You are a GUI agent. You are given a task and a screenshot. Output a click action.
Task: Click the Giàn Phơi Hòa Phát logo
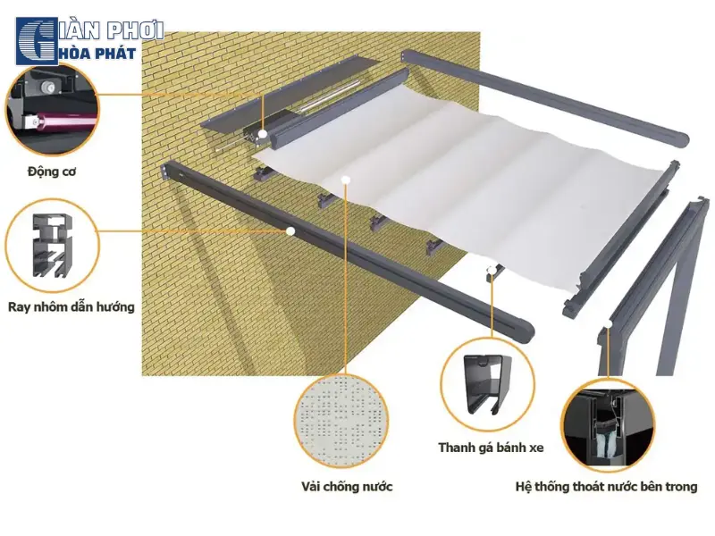click(89, 41)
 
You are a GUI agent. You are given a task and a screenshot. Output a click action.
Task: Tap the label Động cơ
click(52, 172)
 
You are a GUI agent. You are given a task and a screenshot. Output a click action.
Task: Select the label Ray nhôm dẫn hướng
click(71, 306)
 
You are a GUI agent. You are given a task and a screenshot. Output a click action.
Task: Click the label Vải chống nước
click(347, 486)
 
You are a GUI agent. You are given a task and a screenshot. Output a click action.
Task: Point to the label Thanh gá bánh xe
click(491, 448)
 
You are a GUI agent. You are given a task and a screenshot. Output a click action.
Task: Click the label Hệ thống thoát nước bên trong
click(606, 487)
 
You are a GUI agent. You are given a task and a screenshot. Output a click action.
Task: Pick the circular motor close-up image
click(52, 109)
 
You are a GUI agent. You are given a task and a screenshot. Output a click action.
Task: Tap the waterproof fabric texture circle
click(341, 422)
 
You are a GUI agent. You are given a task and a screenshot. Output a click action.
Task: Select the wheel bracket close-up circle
click(487, 385)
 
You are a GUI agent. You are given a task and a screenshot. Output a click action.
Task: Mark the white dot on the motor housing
click(263, 134)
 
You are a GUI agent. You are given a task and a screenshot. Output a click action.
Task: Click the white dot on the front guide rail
click(290, 231)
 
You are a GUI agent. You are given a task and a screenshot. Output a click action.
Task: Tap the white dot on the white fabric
click(346, 180)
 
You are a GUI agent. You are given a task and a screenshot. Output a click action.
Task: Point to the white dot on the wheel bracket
click(492, 270)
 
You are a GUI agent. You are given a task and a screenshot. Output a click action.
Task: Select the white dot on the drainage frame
click(609, 323)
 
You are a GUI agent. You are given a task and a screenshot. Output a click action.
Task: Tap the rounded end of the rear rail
click(678, 139)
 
